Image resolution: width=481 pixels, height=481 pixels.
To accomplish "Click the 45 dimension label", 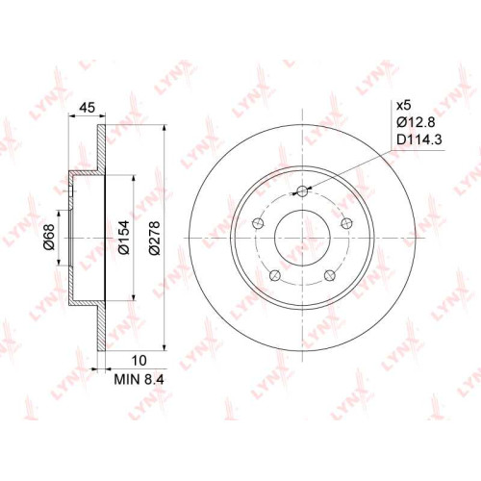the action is tap(88, 108).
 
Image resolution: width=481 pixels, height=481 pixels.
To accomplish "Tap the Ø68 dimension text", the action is tap(50, 237).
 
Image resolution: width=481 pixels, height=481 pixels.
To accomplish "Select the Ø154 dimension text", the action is tap(124, 238).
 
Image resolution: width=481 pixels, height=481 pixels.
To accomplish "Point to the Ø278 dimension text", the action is tap(155, 238).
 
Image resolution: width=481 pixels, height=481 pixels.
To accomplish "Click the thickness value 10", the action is tap(139, 361).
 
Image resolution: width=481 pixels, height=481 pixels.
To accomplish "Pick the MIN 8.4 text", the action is tap(139, 380).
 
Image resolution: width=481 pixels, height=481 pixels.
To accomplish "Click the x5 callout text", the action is tap(404, 105).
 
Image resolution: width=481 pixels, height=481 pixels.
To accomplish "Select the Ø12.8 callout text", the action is tap(416, 122).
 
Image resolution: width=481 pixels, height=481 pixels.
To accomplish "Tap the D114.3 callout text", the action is tap(419, 139).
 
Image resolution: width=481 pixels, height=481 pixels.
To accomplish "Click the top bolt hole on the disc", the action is tap(302, 191).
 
